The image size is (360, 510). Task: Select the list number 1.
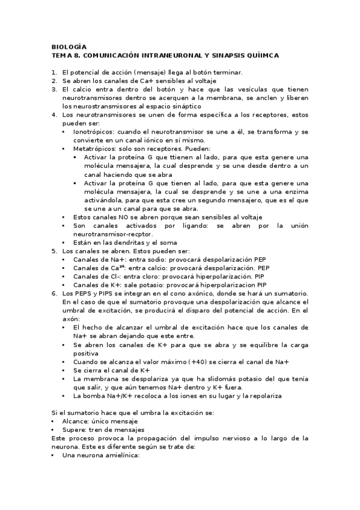pos(53,72)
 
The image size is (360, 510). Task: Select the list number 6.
pos(53,293)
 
